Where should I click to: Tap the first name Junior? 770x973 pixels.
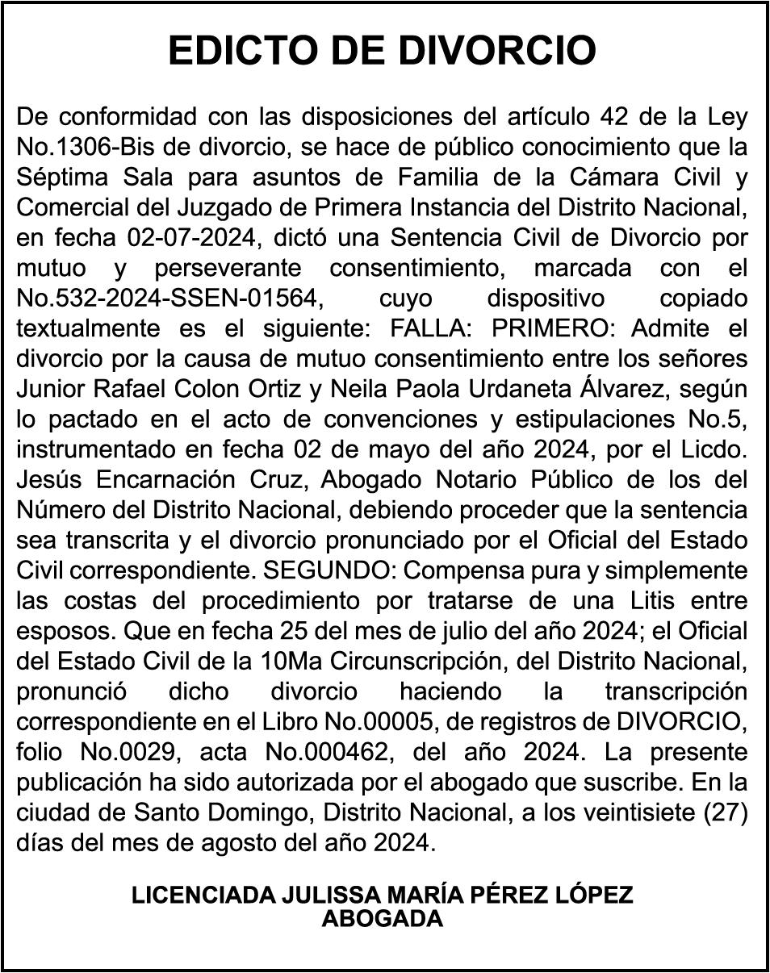[x=51, y=390]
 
